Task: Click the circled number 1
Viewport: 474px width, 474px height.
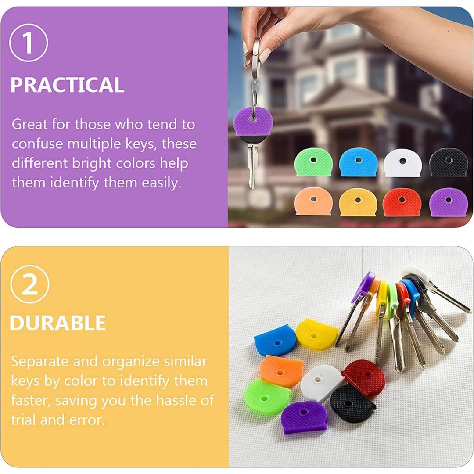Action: [29, 43]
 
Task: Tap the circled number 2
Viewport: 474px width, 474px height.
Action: [30, 284]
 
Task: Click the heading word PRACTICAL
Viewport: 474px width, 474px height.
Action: [67, 85]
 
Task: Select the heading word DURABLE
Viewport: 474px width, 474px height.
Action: [58, 323]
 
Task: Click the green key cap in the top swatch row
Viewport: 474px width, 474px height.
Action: [313, 162]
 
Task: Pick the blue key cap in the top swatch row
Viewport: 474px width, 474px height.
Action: [358, 162]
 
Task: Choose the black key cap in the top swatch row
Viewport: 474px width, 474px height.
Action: [448, 162]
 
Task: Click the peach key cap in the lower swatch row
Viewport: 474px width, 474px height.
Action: [313, 201]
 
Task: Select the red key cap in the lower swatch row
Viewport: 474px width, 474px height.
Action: [402, 202]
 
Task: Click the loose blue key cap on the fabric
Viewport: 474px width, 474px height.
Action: [275, 341]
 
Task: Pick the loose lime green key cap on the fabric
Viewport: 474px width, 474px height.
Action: [268, 396]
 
